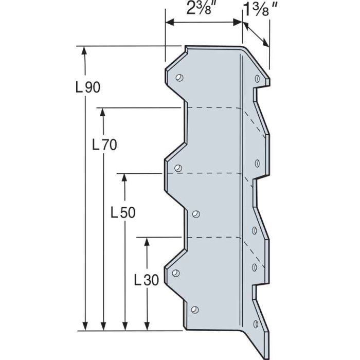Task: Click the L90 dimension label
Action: tap(87, 87)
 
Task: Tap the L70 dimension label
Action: tap(104, 146)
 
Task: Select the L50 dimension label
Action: tap(123, 212)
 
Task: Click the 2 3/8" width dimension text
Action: tap(202, 9)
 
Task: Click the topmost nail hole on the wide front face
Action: tap(179, 78)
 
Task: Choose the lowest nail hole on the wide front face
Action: tap(194, 309)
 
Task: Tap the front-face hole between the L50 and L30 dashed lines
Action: tap(195, 213)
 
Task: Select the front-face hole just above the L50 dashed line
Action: tap(178, 168)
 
